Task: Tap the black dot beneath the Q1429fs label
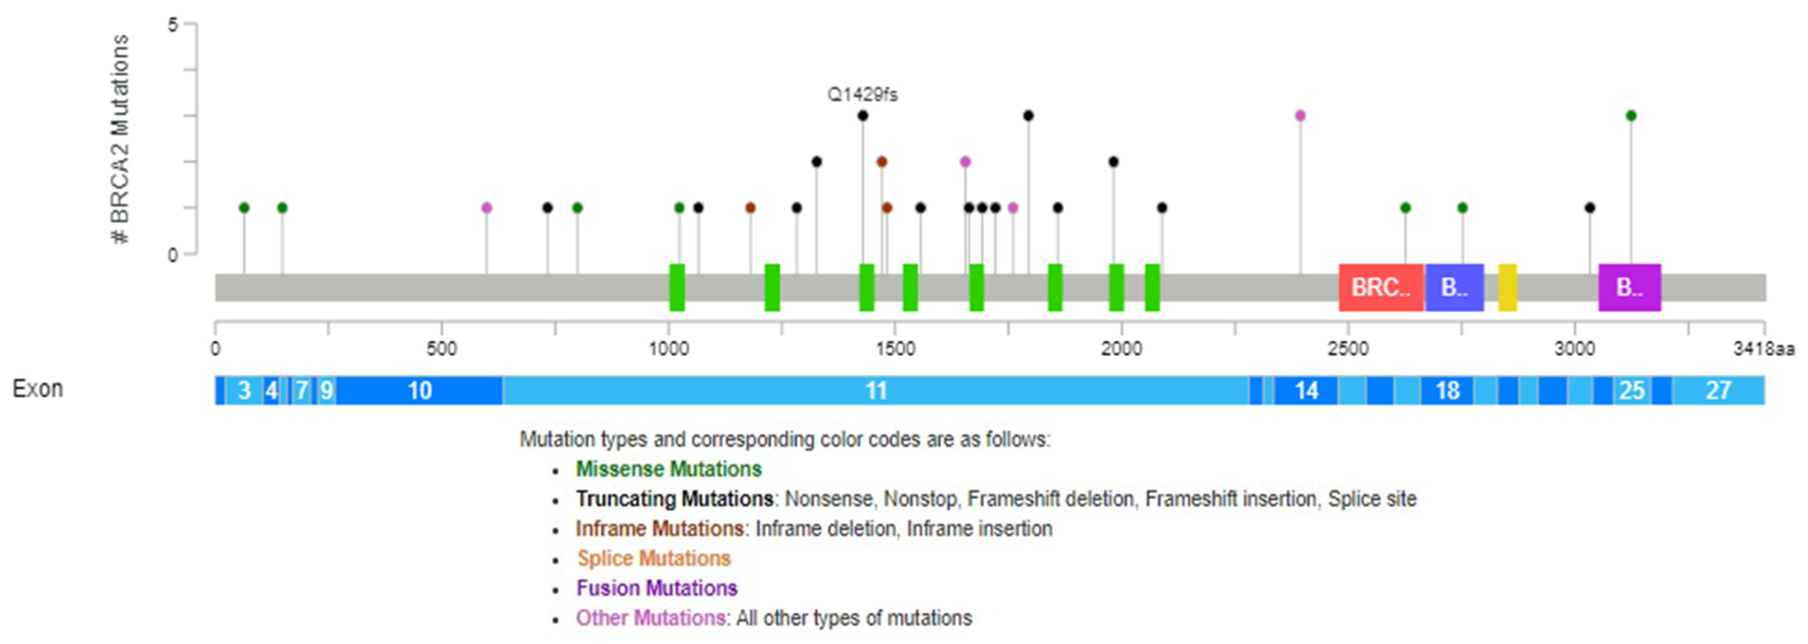tap(863, 116)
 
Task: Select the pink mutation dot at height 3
tap(1300, 116)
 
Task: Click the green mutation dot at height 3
tap(1630, 116)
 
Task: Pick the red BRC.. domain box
tap(1381, 288)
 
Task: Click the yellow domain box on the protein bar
tap(1507, 288)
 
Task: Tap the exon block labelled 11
tap(875, 390)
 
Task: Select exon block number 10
tap(420, 390)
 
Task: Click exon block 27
tap(1718, 390)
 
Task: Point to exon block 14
tap(1306, 390)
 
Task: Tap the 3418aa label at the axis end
tap(1763, 349)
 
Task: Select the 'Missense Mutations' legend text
tap(668, 469)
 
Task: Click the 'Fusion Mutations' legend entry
tap(656, 588)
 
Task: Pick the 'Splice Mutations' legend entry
tap(653, 559)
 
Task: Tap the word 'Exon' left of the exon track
tap(37, 389)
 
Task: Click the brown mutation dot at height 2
tap(882, 162)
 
